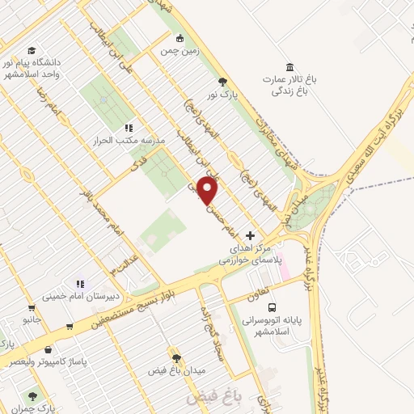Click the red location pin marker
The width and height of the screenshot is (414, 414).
point(209,192)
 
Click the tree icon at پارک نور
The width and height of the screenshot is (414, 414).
point(223,81)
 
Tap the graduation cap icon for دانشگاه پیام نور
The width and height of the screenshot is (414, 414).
point(32,50)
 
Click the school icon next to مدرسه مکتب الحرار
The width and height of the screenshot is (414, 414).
point(128,128)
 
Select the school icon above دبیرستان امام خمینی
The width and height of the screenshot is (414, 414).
point(79,283)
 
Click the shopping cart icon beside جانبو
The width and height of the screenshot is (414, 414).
point(32,307)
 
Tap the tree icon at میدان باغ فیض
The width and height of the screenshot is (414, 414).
point(175,357)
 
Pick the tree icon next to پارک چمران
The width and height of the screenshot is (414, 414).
point(32,396)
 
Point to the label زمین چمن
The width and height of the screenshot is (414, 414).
point(181,52)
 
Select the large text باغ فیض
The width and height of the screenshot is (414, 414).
point(209,397)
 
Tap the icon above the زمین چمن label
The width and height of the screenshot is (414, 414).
point(181,38)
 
